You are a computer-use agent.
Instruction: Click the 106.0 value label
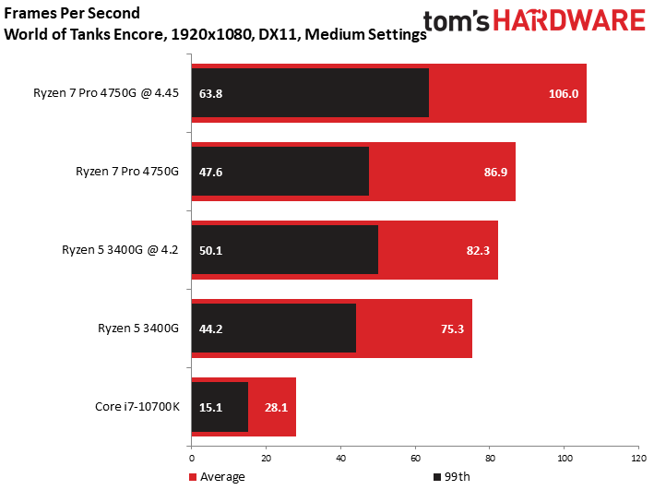pyautogui.click(x=562, y=93)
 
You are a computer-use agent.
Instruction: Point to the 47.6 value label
pyautogui.click(x=211, y=172)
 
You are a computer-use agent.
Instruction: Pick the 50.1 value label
pyautogui.click(x=211, y=250)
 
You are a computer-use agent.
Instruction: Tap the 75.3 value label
pyautogui.click(x=447, y=329)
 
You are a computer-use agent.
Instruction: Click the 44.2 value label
pyautogui.click(x=211, y=329)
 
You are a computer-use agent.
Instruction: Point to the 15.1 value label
pyautogui.click(x=211, y=407)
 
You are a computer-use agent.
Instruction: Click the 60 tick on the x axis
pyautogui.click(x=414, y=459)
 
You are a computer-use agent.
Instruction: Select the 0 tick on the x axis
pyautogui.click(x=191, y=459)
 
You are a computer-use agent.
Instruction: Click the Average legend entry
pyautogui.click(x=218, y=477)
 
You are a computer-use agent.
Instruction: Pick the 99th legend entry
pyautogui.click(x=452, y=477)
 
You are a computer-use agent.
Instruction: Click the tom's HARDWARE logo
pyautogui.click(x=534, y=22)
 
